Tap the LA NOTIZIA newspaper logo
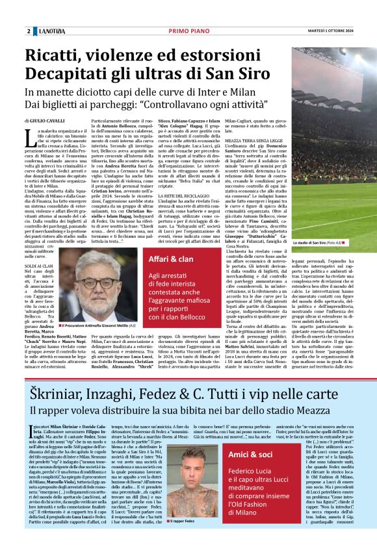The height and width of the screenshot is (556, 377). [51, 31]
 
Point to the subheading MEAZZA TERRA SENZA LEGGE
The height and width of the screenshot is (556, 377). [251, 140]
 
